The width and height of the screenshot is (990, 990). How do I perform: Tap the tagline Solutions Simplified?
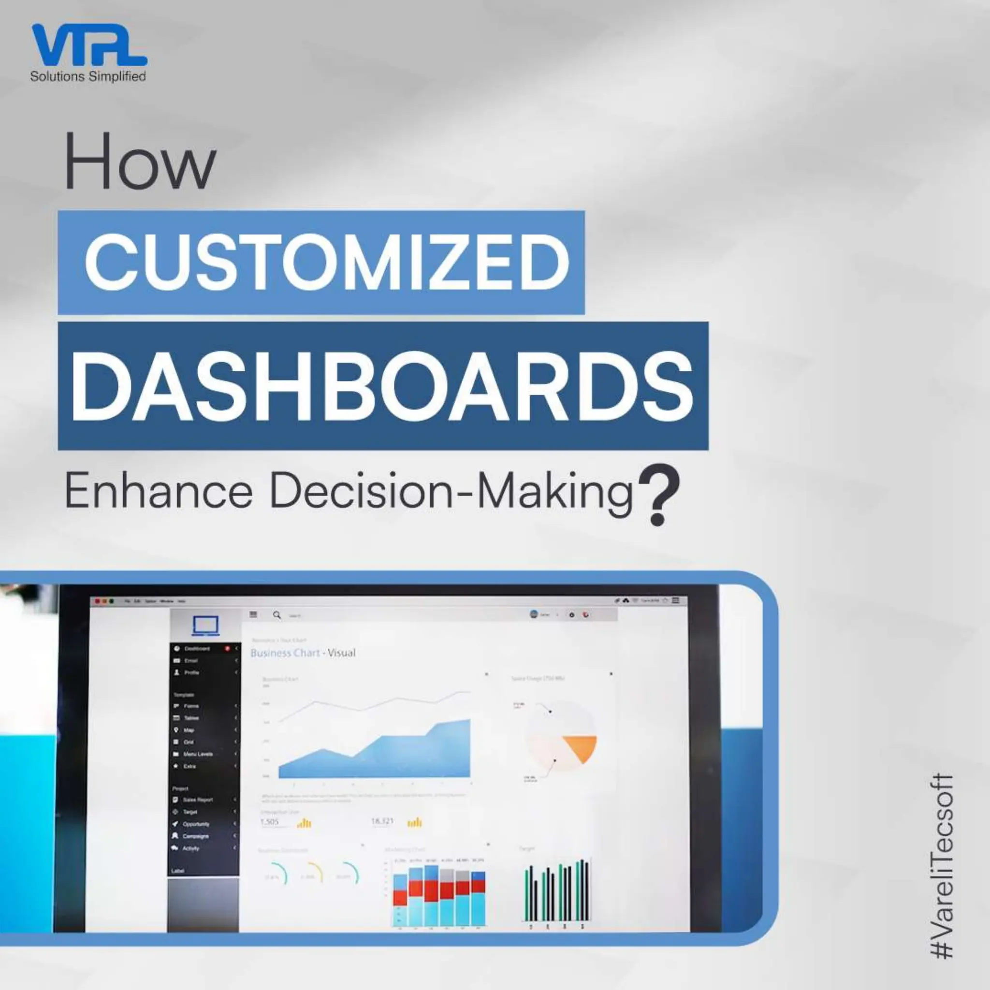point(87,76)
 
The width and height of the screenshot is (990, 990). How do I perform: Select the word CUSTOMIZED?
point(327,262)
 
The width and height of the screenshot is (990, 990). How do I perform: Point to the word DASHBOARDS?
point(382,387)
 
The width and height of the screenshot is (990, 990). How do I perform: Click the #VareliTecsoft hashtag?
point(941,865)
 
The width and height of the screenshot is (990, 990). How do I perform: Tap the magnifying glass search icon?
point(277,615)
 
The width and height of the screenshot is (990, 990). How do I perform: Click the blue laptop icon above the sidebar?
point(205,626)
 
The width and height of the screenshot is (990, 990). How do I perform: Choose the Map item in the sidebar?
point(189,729)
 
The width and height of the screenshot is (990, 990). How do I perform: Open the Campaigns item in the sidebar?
point(195,836)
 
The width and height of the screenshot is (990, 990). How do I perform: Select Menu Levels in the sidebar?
point(197,754)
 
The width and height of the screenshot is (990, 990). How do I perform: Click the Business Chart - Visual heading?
point(302,653)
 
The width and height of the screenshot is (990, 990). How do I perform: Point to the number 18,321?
point(382,821)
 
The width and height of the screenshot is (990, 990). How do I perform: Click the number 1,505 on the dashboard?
point(270,821)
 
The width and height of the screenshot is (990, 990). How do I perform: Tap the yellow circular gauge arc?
point(316,872)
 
